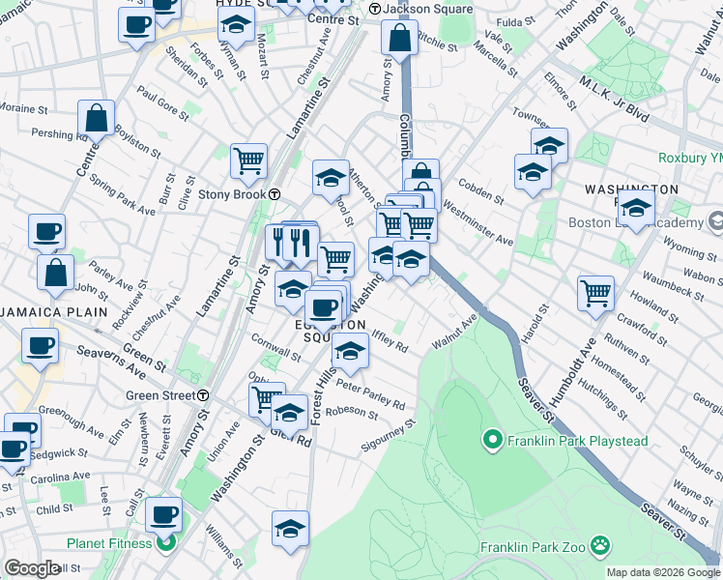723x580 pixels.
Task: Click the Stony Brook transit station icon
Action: [275, 193]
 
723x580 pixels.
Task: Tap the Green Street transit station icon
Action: [203, 395]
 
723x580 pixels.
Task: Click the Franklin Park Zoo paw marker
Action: [601, 546]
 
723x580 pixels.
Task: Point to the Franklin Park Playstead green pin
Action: [491, 442]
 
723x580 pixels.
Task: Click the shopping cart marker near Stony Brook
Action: [248, 160]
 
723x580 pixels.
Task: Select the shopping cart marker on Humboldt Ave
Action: [595, 292]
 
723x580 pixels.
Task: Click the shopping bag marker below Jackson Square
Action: [399, 39]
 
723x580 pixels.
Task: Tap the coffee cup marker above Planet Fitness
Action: [164, 513]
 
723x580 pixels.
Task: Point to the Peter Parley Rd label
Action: [370, 399]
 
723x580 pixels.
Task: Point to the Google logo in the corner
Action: [32, 568]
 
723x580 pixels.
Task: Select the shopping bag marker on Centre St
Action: [97, 119]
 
